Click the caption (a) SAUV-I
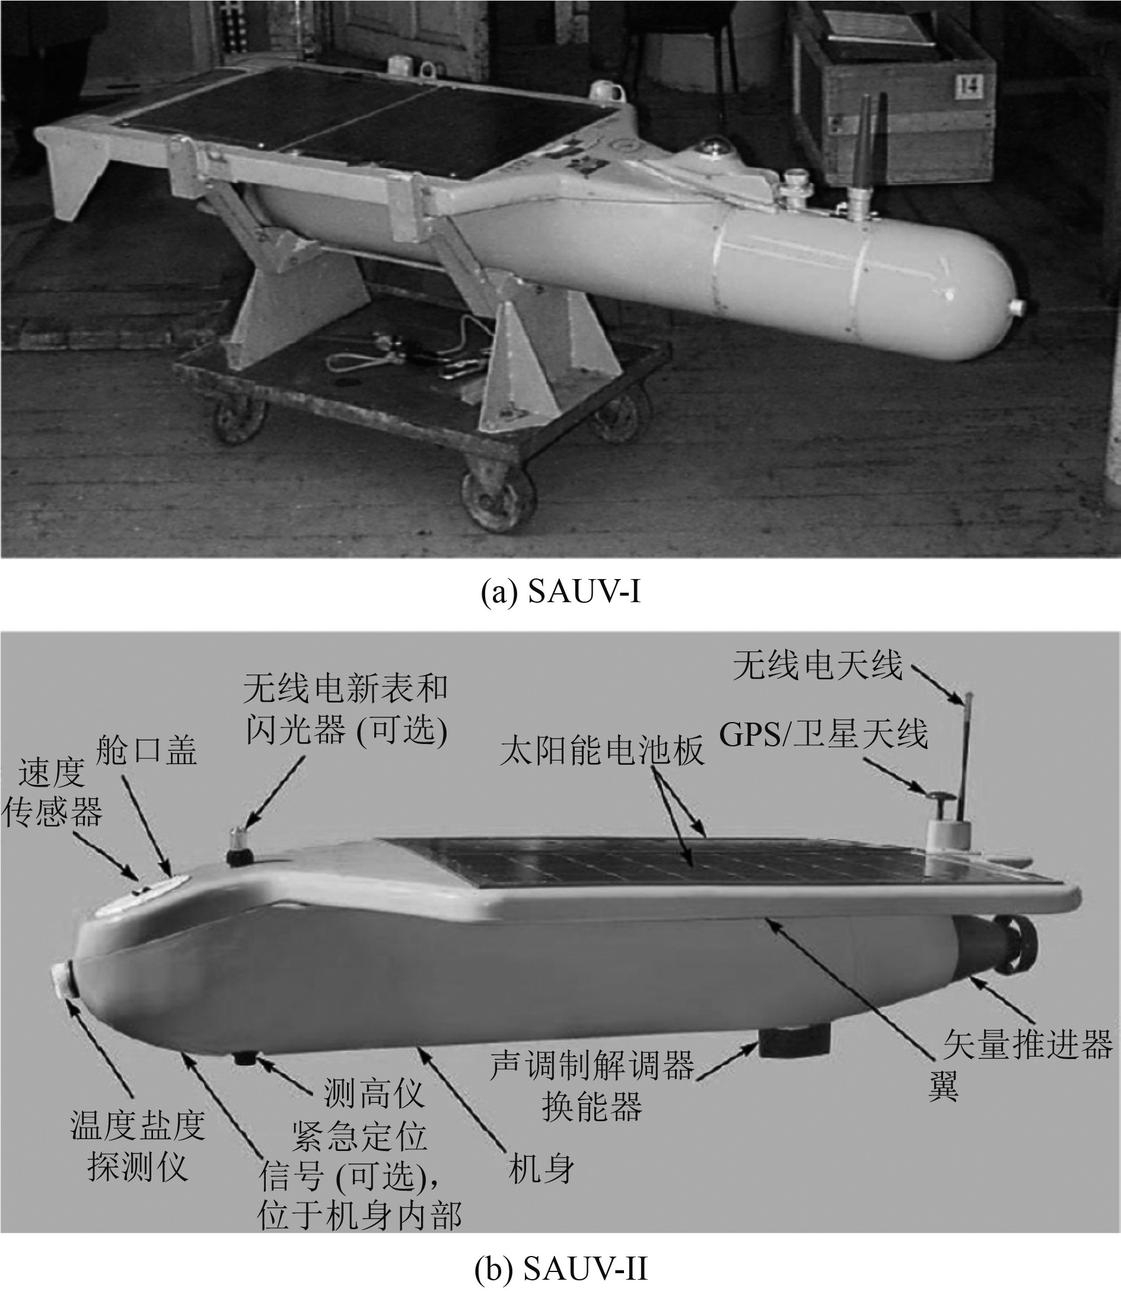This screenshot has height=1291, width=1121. [x=560, y=592]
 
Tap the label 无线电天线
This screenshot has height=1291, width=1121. [x=819, y=665]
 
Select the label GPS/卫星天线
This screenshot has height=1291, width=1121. [x=823, y=733]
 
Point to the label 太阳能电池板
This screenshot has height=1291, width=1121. [x=602, y=750]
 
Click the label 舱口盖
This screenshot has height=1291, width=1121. [x=147, y=750]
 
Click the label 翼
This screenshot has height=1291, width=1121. [x=943, y=1086]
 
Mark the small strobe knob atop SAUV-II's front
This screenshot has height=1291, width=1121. [x=238, y=846]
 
